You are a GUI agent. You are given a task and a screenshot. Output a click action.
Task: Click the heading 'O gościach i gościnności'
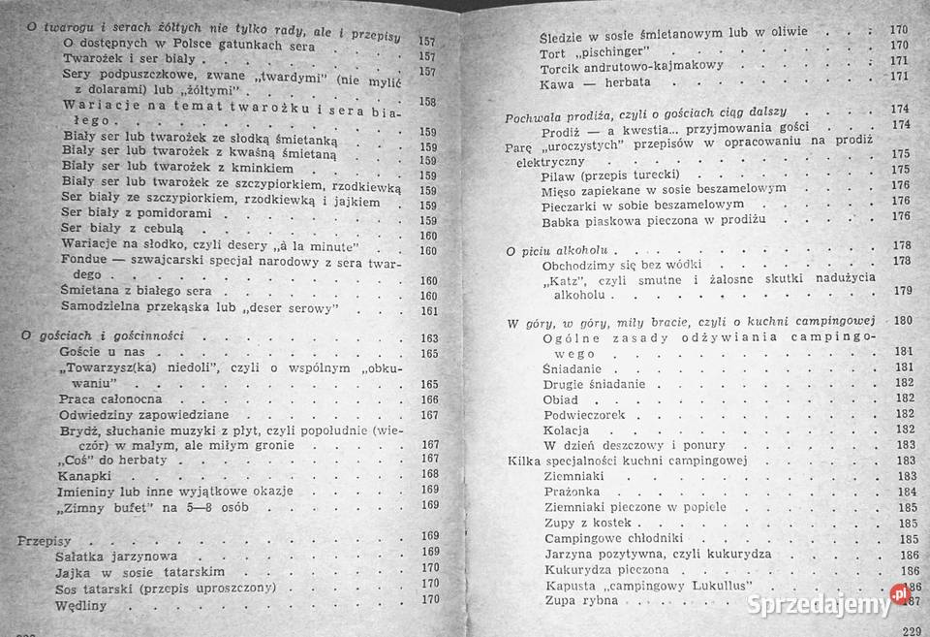(x=102, y=335)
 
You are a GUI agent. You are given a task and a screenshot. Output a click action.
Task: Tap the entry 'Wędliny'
(x=81, y=605)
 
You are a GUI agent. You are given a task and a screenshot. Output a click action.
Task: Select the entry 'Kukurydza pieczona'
(x=606, y=570)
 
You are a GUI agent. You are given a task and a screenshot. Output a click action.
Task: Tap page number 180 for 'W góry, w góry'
(x=903, y=321)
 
